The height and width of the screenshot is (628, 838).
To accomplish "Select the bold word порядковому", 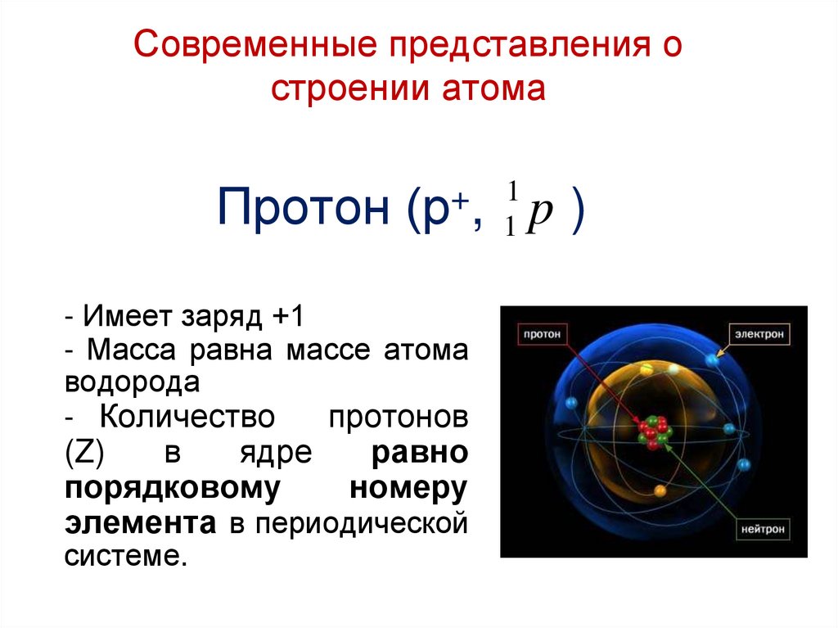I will (x=168, y=487).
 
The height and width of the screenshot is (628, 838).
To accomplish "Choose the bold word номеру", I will (x=408, y=487).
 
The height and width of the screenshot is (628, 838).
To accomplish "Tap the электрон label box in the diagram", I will (x=759, y=334).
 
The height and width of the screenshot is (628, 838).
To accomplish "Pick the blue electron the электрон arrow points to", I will (x=711, y=359).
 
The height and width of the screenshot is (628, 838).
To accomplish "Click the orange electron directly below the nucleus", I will (x=660, y=491).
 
